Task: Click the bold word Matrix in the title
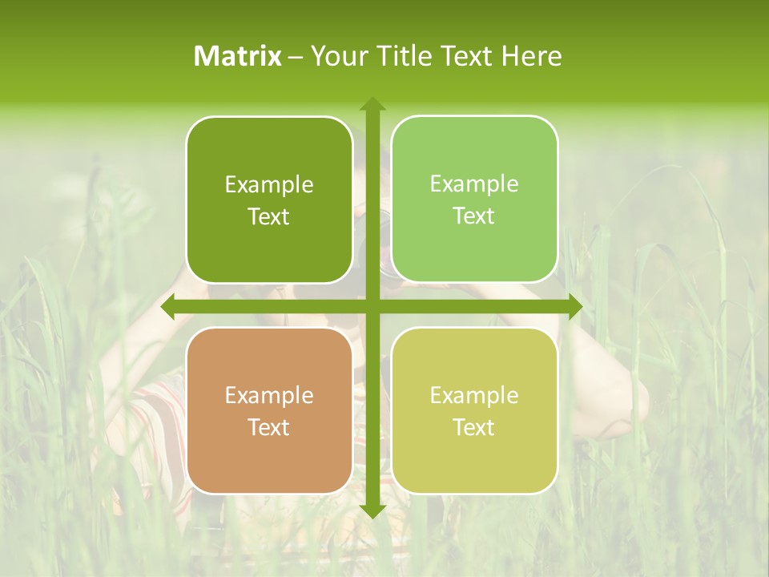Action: click(x=238, y=56)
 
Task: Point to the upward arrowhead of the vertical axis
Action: click(x=372, y=103)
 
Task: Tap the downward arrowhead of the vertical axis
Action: click(x=372, y=510)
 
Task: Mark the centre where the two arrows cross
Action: click(x=372, y=307)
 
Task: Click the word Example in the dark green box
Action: click(x=269, y=185)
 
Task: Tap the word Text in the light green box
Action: click(x=474, y=216)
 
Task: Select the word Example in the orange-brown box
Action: click(x=269, y=396)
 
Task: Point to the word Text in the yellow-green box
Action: click(x=474, y=427)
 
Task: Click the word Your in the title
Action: click(x=336, y=56)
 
